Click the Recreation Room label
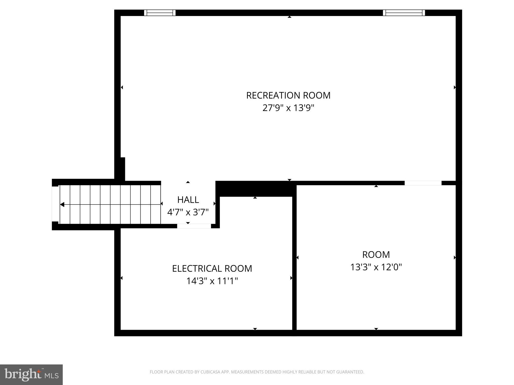pos(288,95)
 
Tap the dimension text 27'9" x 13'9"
pos(288,108)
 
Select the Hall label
pos(188,200)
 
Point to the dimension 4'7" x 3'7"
pos(188,213)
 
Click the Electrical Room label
pos(212,268)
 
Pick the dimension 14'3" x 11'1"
pos(212,281)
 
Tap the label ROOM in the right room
pos(376,255)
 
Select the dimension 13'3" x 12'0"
pos(376,267)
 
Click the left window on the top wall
pos(160,13)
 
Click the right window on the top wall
pos(404,13)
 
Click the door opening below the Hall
pos(194,226)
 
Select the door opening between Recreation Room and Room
pos(423,183)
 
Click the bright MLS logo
pos(31,374)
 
